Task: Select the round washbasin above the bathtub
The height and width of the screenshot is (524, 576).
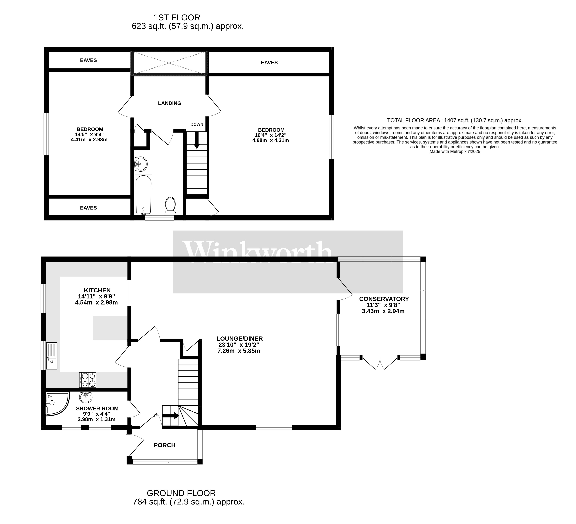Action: click(x=141, y=164)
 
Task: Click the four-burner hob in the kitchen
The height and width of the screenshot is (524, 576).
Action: click(x=88, y=380)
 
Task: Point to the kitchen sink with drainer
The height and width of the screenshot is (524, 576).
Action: click(x=52, y=356)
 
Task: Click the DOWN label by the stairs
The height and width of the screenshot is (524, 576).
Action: click(x=197, y=124)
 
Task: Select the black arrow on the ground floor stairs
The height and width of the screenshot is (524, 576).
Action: click(x=171, y=416)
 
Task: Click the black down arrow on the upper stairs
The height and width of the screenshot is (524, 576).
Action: click(x=197, y=140)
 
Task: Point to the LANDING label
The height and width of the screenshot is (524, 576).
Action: click(x=170, y=103)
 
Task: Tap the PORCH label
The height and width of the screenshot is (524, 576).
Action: click(x=165, y=445)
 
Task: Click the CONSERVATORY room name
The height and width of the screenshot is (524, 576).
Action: click(x=384, y=299)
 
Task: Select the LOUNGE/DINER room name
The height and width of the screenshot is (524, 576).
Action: click(x=239, y=339)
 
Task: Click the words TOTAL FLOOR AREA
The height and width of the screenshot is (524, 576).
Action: click(x=413, y=120)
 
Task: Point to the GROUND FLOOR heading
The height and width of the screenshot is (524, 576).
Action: click(x=181, y=493)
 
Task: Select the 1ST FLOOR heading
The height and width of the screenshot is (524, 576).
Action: click(x=177, y=18)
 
